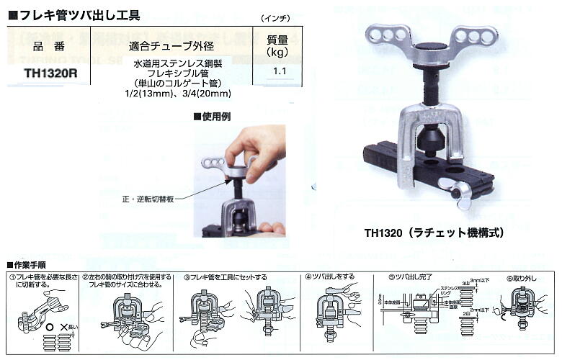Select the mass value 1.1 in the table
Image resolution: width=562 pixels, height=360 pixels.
(x=280, y=71)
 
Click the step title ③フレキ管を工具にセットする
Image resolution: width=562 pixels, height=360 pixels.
(x=226, y=276)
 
